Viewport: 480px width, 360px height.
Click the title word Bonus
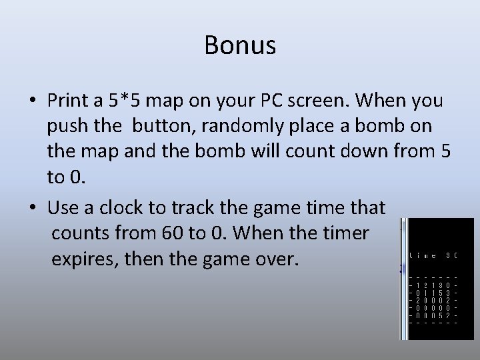pos(240,46)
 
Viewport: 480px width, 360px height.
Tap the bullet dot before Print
pos(32,101)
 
